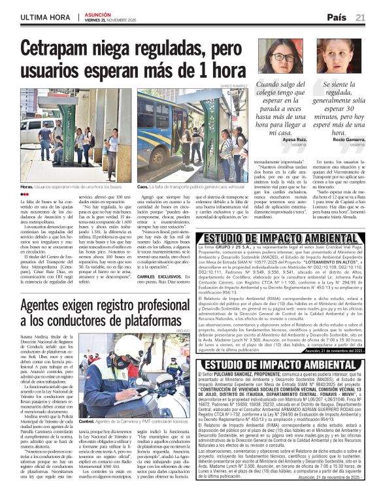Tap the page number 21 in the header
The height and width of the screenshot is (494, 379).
point(360,17)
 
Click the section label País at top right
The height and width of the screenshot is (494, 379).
point(336,17)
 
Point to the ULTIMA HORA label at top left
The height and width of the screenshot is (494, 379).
point(44,16)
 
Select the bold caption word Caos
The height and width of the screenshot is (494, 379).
point(143,187)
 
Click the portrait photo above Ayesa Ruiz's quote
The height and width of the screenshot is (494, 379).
point(280,57)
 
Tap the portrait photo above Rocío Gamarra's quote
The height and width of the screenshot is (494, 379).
point(339,57)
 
